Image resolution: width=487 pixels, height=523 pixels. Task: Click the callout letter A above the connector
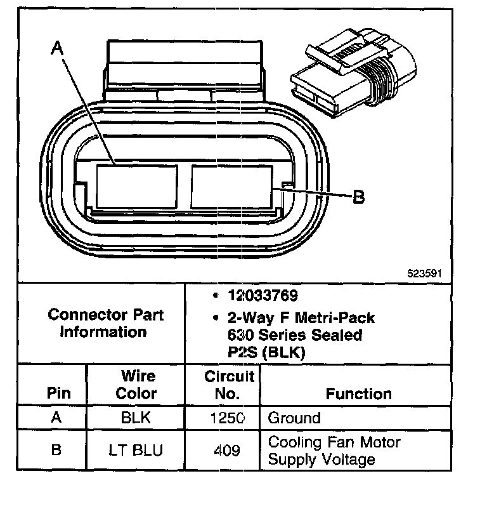(58, 48)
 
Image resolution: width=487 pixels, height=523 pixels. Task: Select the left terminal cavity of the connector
(136, 186)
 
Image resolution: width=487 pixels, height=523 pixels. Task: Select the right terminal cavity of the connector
(234, 186)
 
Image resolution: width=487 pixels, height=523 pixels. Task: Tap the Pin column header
(58, 394)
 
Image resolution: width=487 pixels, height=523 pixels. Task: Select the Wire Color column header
(135, 385)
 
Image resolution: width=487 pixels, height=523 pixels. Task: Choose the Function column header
(358, 394)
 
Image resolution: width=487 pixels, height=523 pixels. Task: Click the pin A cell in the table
(56, 418)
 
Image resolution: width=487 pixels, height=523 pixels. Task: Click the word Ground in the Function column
(294, 418)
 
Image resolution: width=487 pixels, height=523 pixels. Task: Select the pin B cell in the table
(56, 450)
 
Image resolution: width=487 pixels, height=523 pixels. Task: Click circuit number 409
(227, 450)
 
